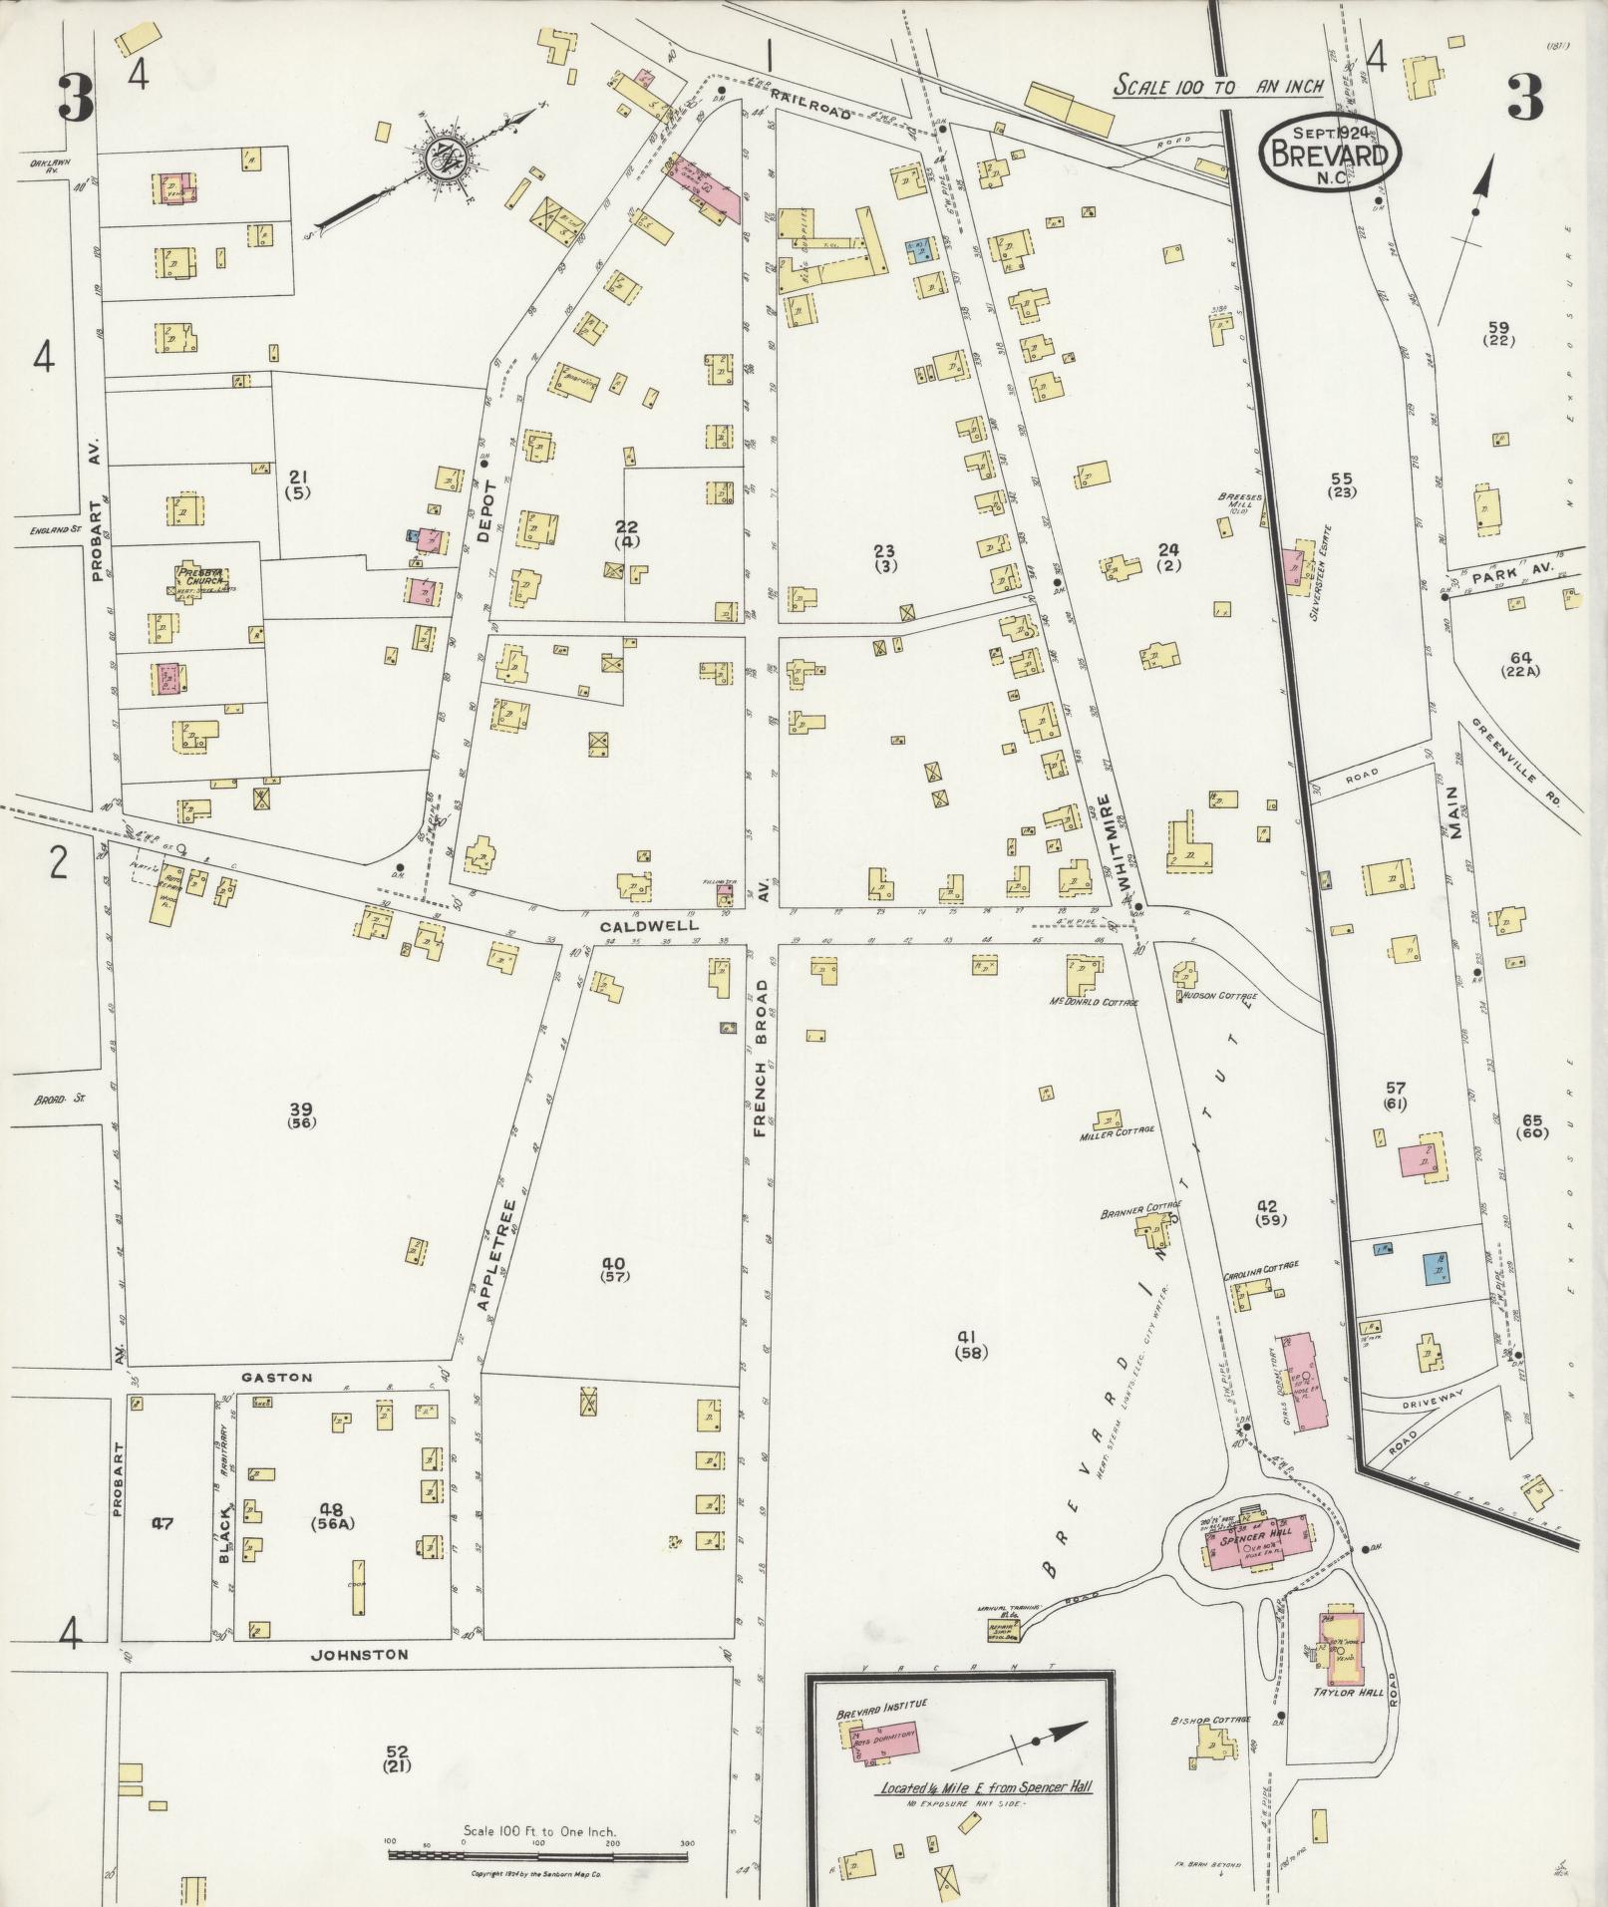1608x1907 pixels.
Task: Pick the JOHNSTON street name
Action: pos(360,1655)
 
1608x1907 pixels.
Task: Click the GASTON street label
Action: pos(277,1378)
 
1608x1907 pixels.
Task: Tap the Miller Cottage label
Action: pos(1117,1130)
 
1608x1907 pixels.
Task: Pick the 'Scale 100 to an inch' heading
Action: pos(1218,86)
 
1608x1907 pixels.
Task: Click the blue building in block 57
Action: pos(1437,1268)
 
